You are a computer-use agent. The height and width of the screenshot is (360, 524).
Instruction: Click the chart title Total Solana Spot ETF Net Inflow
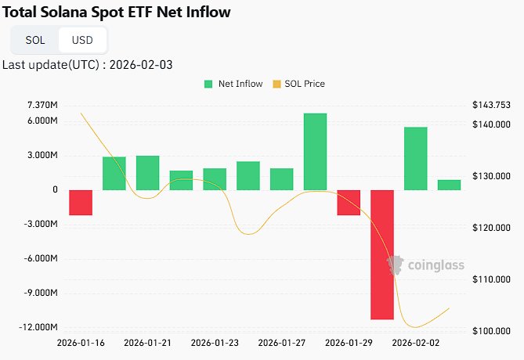click(117, 13)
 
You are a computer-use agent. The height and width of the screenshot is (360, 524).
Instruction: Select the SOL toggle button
click(35, 40)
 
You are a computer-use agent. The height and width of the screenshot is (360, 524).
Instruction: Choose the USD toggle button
click(81, 40)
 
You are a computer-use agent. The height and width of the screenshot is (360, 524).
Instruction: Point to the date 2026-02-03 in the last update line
click(143, 65)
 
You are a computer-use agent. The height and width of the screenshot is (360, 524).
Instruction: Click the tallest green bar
click(315, 152)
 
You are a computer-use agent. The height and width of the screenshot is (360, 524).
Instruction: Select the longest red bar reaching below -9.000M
click(382, 254)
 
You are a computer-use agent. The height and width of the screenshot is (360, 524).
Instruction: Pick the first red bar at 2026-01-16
click(81, 202)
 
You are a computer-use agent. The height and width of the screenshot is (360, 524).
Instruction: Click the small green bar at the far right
click(449, 185)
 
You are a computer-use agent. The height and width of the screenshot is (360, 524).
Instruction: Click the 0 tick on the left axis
click(55, 189)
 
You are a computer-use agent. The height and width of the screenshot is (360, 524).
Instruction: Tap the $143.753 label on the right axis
click(491, 105)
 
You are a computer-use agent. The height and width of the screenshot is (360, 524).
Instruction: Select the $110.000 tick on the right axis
click(491, 279)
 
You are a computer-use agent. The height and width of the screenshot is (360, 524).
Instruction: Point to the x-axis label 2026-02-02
click(415, 343)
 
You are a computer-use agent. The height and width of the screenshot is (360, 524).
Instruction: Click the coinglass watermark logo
click(420, 265)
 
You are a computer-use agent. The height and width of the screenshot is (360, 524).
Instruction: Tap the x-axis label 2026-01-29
click(348, 343)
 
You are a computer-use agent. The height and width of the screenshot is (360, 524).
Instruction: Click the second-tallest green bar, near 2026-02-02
click(416, 158)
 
